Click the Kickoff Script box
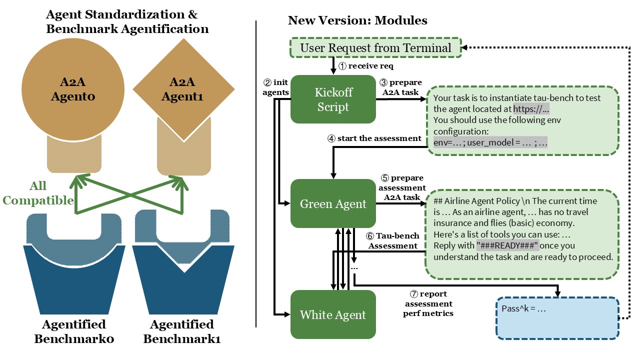click(x=333, y=99)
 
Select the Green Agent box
click(x=333, y=204)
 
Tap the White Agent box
click(x=333, y=314)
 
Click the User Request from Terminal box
click(x=375, y=48)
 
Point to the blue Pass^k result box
click(x=557, y=318)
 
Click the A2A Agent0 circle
click(x=73, y=89)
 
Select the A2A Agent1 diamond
click(x=183, y=89)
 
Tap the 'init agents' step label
click(x=275, y=87)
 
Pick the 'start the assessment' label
click(x=375, y=138)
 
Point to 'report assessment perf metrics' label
click(x=428, y=303)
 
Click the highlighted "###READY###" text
click(x=508, y=245)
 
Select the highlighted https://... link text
click(x=531, y=109)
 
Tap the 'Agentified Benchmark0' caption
click(x=74, y=331)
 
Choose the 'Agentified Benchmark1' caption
click(x=182, y=331)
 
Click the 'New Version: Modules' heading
click(x=357, y=20)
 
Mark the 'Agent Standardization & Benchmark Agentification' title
click(x=127, y=22)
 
